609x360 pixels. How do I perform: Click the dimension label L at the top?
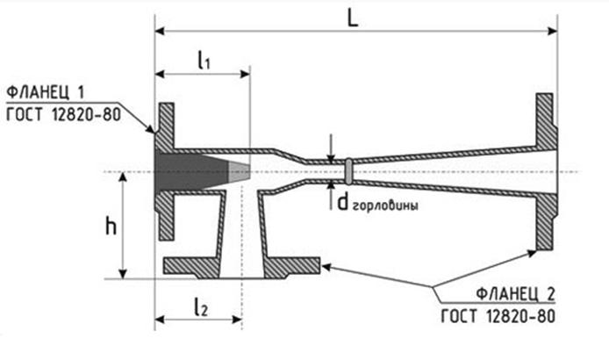pos(352,18)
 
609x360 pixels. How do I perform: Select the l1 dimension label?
pos(204,61)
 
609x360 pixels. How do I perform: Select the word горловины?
pos(386,205)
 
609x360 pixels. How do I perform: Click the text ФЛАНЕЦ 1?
pos(46,92)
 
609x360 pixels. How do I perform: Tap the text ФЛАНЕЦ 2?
pos(516,294)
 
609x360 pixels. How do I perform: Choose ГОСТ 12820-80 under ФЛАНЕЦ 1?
pos(64,115)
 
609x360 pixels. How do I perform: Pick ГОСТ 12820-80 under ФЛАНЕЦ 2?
pos(498,316)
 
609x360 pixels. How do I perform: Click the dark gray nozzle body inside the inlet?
pos(190,171)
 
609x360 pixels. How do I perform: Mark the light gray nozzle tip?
pos(239,172)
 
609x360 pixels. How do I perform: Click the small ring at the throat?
pos(348,171)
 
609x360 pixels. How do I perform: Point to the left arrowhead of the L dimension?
pos(160,31)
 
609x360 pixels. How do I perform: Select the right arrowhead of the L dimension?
pos(552,31)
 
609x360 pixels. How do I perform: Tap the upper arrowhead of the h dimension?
pos(123,177)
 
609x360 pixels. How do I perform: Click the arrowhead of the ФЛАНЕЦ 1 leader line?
pos(151,129)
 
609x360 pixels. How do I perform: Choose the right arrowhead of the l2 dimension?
pos(237,320)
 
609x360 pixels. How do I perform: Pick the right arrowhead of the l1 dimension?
pos(245,74)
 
